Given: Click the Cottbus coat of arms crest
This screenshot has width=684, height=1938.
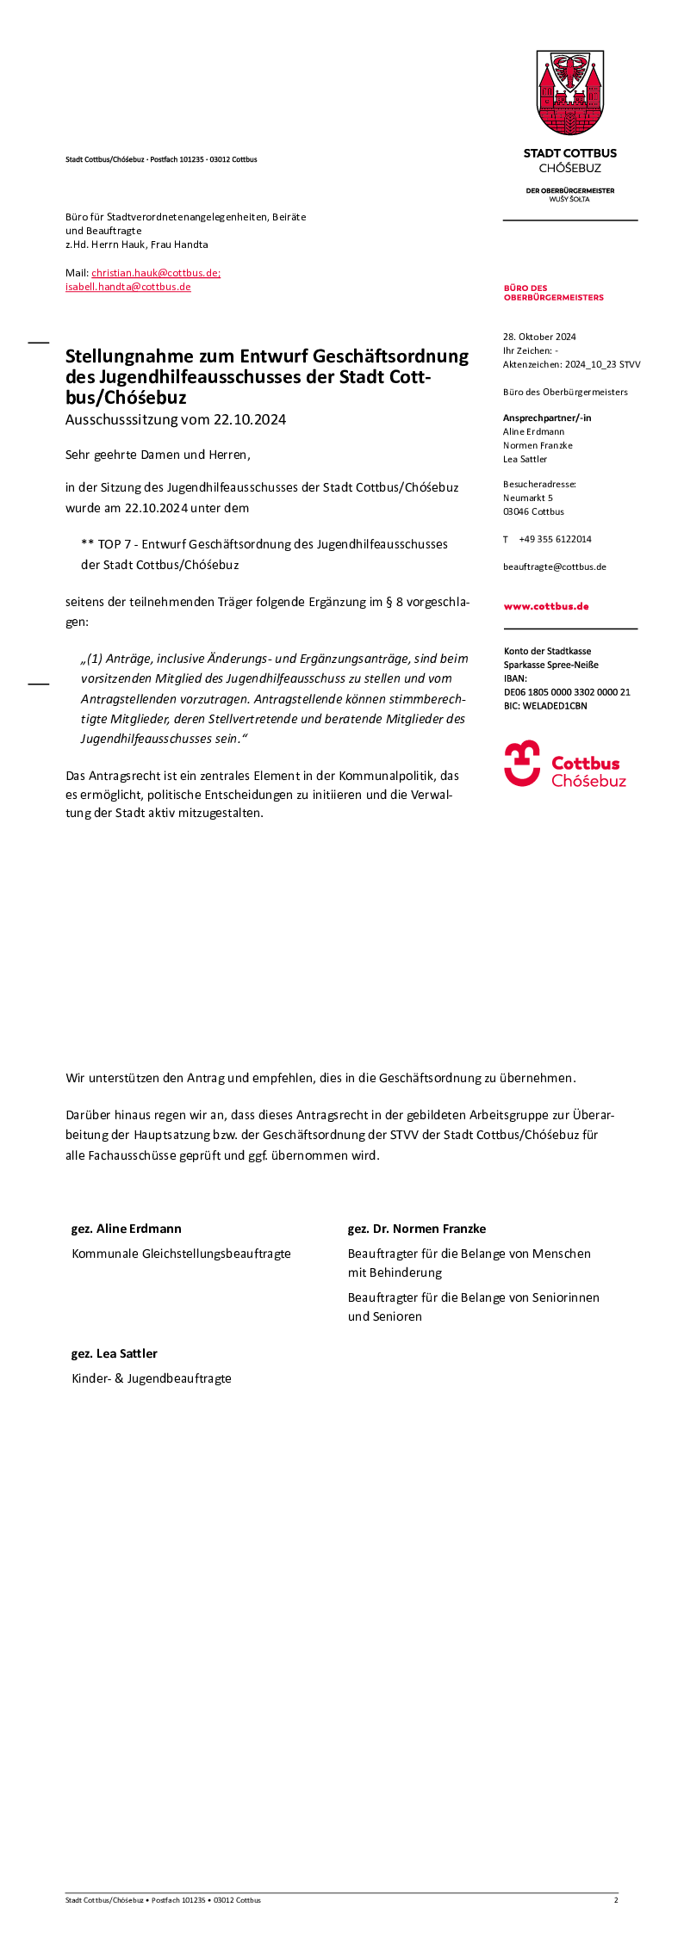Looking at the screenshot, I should pyautogui.click(x=570, y=93).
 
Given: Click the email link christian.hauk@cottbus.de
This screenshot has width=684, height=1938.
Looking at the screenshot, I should pyautogui.click(x=156, y=273).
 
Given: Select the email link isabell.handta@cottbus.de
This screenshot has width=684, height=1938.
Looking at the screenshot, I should pyautogui.click(x=128, y=287).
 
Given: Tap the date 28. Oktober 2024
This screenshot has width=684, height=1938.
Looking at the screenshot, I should pyautogui.click(x=539, y=337).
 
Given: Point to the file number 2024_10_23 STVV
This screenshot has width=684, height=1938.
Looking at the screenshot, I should pyautogui.click(x=602, y=364).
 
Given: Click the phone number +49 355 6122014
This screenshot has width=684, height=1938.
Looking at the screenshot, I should pyautogui.click(x=555, y=539).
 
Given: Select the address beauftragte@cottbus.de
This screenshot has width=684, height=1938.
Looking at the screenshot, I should pyautogui.click(x=555, y=567).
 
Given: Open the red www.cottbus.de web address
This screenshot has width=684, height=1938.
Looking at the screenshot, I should pyautogui.click(x=546, y=606).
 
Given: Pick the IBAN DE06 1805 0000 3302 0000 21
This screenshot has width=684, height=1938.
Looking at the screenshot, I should pyautogui.click(x=567, y=692).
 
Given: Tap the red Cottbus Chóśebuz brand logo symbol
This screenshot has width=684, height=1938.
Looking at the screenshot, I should pyautogui.click(x=522, y=764).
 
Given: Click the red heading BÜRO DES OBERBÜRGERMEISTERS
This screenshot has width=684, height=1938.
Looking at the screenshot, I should pyautogui.click(x=553, y=293).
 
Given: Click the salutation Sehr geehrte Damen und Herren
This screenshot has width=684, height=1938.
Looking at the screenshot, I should pyautogui.click(x=158, y=455).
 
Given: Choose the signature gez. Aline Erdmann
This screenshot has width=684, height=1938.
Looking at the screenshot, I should pyautogui.click(x=127, y=1229).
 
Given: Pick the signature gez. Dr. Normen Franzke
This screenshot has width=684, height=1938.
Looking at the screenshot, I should pyautogui.click(x=417, y=1229).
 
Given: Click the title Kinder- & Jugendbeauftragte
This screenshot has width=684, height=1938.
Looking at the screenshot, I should pyautogui.click(x=152, y=1378).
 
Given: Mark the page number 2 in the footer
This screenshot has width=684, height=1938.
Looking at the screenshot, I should pyautogui.click(x=616, y=1900).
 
